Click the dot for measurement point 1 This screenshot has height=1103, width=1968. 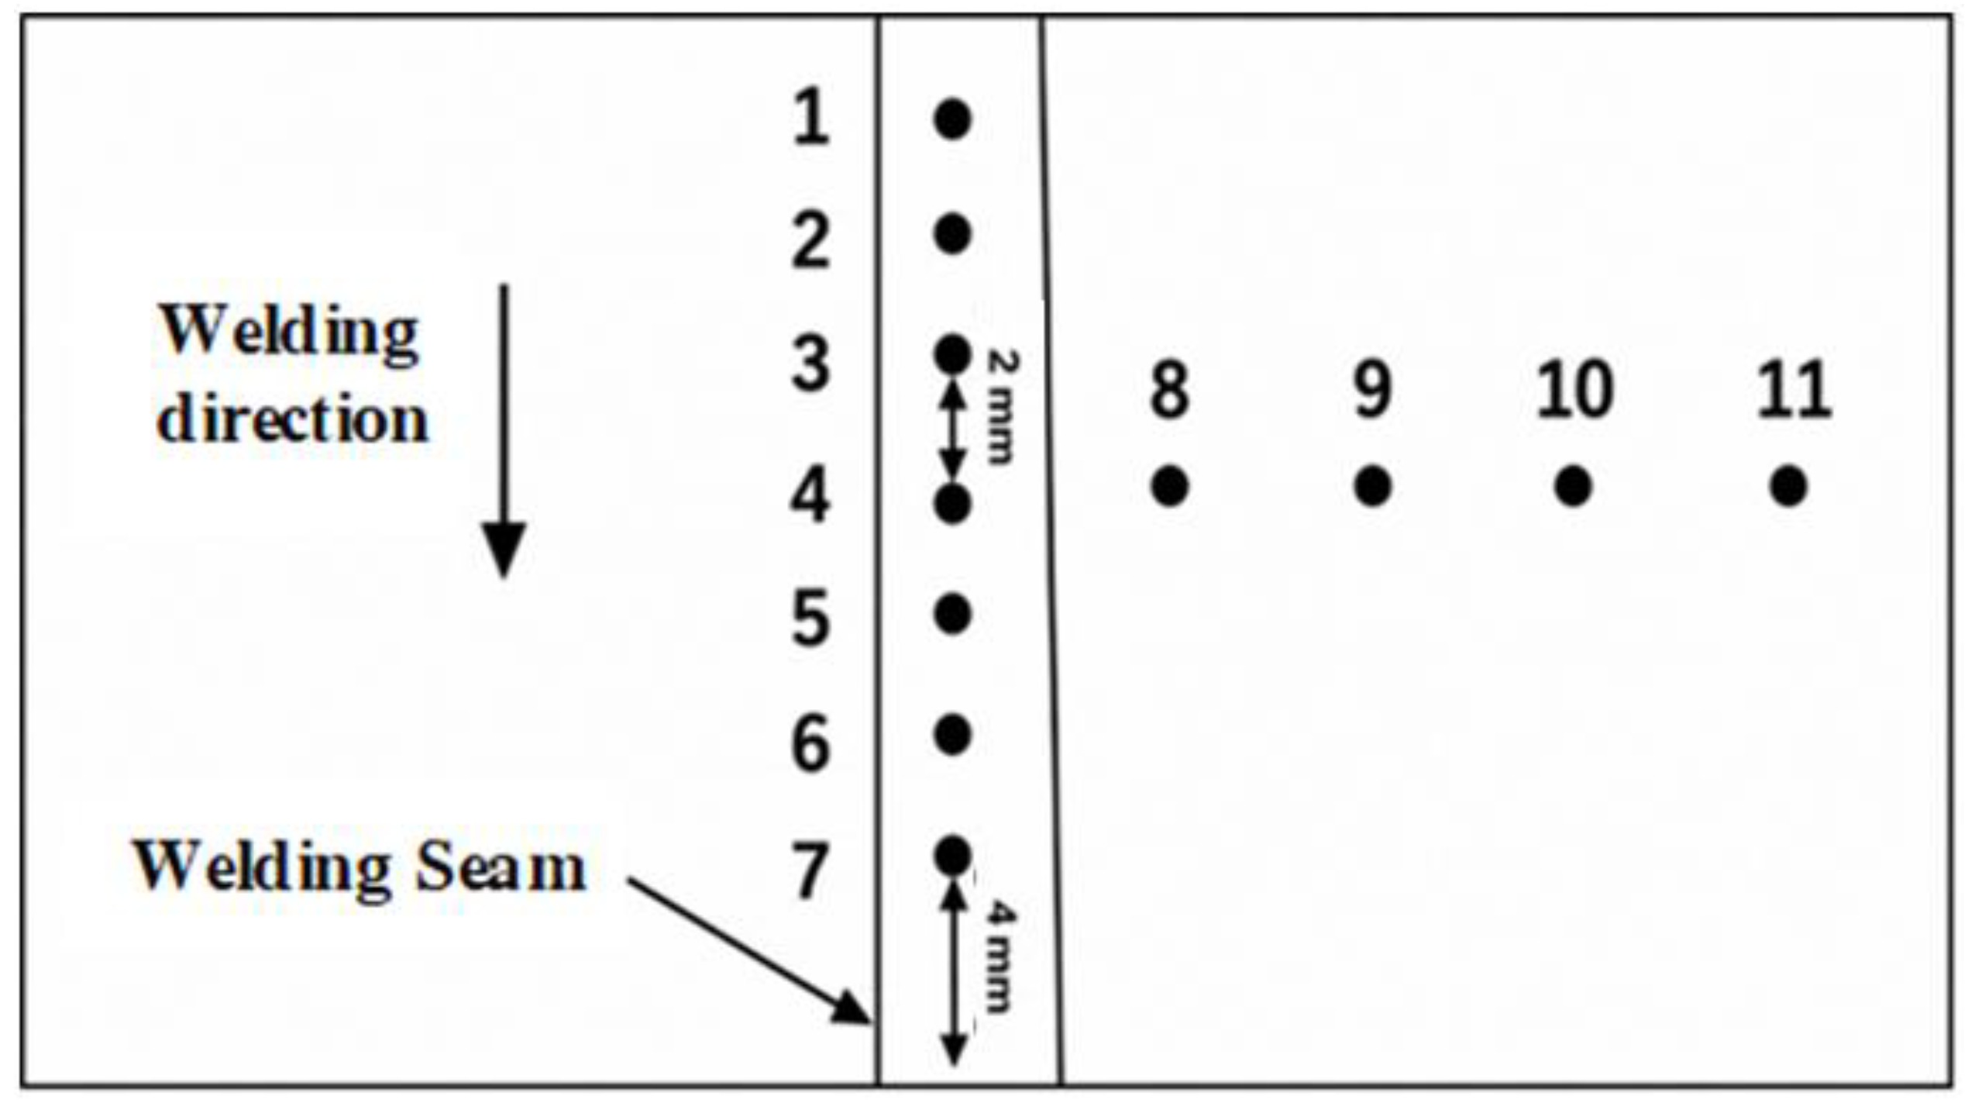[x=952, y=119]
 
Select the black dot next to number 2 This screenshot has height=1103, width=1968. [x=952, y=234]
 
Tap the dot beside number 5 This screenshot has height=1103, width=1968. [x=952, y=615]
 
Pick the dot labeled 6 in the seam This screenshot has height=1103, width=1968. [x=952, y=734]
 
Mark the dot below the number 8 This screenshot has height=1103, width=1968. [x=1170, y=487]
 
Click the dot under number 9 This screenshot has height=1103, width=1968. [x=1372, y=487]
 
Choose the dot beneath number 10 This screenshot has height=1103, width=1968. [x=1573, y=487]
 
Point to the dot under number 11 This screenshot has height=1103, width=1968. [x=1788, y=487]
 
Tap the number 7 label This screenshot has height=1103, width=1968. [x=810, y=870]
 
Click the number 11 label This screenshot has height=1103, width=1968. [x=1793, y=390]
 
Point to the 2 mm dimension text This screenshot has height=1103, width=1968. [x=1001, y=406]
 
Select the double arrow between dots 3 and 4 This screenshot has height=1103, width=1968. [x=953, y=431]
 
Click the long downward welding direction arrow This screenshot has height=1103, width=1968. [x=504, y=431]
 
